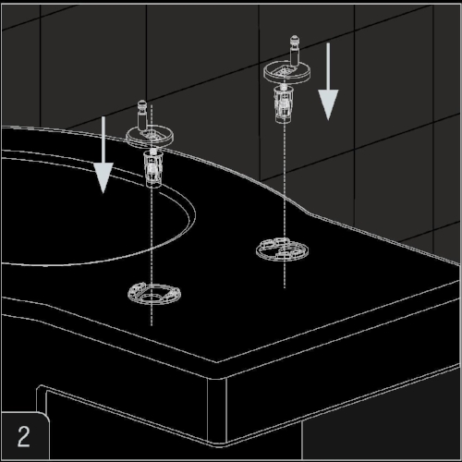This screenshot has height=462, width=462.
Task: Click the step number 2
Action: [x=23, y=436]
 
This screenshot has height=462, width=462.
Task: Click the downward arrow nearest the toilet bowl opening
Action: [x=103, y=155]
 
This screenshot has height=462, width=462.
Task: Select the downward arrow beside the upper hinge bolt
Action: [x=328, y=81]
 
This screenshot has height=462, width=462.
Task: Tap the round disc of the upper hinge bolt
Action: [x=286, y=73]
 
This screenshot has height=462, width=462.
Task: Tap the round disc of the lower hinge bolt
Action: [x=150, y=137]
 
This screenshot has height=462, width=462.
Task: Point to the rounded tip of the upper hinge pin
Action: [x=294, y=39]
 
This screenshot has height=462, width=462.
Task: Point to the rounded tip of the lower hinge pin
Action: [x=142, y=104]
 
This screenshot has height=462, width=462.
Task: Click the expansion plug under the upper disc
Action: [x=284, y=103]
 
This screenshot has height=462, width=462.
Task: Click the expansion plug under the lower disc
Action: [x=153, y=168]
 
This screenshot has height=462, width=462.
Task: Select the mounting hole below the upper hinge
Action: [x=282, y=249]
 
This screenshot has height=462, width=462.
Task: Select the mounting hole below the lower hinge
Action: [x=154, y=294]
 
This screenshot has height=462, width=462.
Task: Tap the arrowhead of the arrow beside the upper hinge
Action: [x=328, y=104]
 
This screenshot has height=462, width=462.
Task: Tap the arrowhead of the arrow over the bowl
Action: [x=103, y=178]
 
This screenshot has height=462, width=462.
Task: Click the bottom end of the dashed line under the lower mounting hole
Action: [x=152, y=326]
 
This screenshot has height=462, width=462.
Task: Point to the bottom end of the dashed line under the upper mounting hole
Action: [x=285, y=288]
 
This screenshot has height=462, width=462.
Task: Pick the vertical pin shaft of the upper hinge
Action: [x=294, y=55]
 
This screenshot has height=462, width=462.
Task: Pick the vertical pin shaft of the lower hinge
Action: [x=142, y=119]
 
